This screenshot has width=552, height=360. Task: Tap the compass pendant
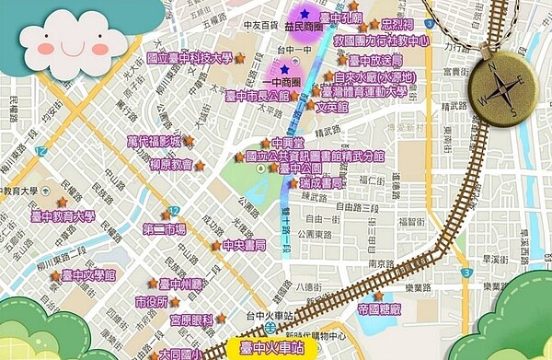pyautogui.click(x=500, y=83)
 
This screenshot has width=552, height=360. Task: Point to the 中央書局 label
pyautogui.click(x=245, y=246)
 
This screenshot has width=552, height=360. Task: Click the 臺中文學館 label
pyautogui.click(x=88, y=275)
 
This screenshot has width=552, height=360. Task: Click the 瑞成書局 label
pyautogui.click(x=322, y=184)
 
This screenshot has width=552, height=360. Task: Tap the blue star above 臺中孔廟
pyautogui.click(x=305, y=14)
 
